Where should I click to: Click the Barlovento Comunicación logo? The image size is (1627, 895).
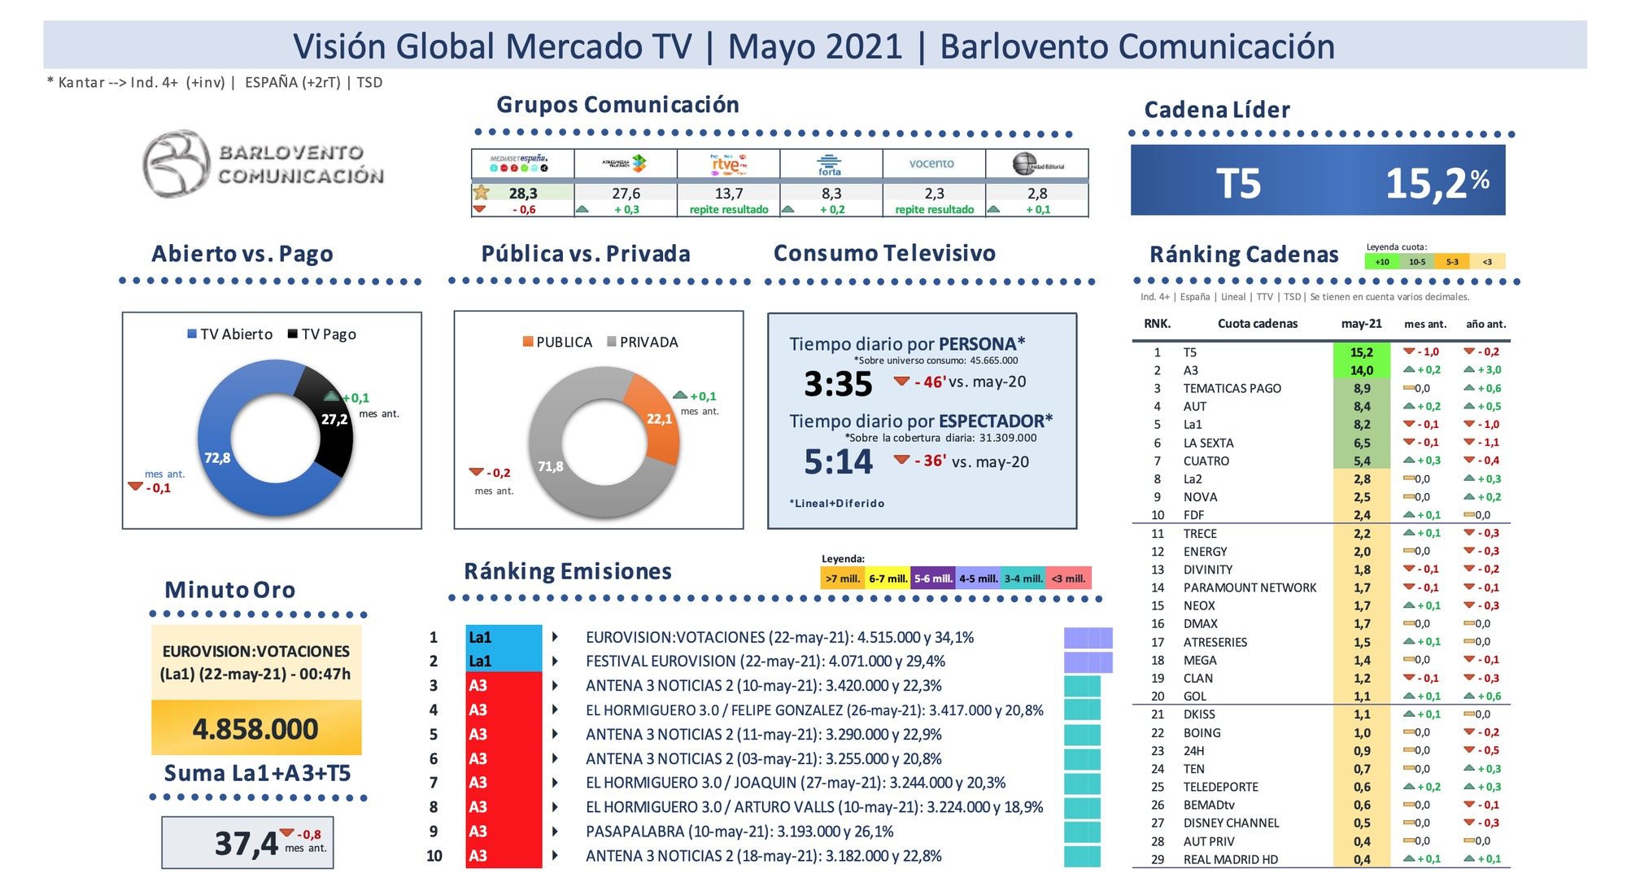(262, 164)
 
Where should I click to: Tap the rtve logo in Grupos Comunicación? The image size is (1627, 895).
(728, 164)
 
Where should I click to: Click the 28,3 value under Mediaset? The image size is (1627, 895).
(523, 194)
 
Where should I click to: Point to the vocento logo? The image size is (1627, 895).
(931, 164)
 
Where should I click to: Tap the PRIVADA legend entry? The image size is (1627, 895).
(643, 343)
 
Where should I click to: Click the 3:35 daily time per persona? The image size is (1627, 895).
(838, 384)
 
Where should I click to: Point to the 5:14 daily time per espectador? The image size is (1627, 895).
(838, 462)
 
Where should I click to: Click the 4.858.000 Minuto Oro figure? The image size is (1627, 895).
(255, 729)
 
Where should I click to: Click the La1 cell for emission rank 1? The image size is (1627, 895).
(504, 637)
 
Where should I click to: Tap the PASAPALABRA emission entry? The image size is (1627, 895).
(739, 832)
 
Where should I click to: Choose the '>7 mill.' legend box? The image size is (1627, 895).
(842, 578)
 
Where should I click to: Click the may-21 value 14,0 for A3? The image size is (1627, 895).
(1361, 370)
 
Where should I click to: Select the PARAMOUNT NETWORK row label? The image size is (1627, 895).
(1249, 587)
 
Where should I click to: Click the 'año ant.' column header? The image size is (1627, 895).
(1485, 324)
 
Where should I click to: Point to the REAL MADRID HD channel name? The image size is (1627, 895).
(1230, 859)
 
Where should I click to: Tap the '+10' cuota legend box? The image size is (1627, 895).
(1381, 262)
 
